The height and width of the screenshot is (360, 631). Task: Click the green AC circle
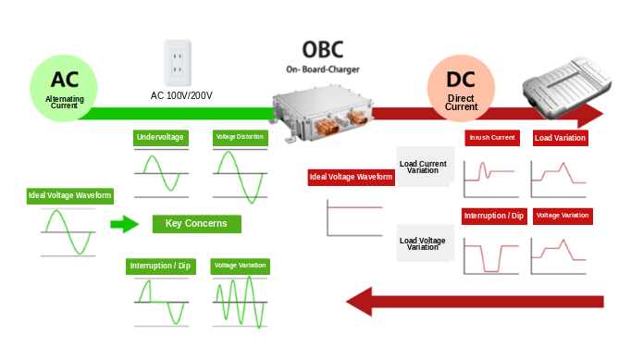tap(64, 88)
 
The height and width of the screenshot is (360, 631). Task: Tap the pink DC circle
tap(461, 88)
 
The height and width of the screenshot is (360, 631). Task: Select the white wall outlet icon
tap(178, 63)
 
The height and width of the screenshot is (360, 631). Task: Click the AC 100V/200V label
tap(181, 95)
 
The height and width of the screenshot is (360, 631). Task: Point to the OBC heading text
tap(323, 50)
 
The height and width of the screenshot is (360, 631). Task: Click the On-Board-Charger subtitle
tap(323, 69)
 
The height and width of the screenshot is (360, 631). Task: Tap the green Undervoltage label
tap(161, 138)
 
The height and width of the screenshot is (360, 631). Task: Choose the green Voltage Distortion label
tap(240, 137)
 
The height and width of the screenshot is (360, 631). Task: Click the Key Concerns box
tap(197, 224)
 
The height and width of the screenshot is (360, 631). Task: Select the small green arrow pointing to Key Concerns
tap(124, 224)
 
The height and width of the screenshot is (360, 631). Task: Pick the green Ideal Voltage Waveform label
tap(70, 195)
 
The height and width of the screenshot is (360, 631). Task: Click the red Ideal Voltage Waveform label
tap(351, 177)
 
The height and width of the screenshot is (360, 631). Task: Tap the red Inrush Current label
tap(492, 138)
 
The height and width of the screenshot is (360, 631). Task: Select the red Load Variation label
tap(560, 138)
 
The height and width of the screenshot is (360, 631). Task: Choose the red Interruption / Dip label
tap(494, 217)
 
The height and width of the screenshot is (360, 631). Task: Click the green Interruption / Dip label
tap(161, 267)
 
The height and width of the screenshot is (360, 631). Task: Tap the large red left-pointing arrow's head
tap(359, 301)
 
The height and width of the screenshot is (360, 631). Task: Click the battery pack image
tap(566, 87)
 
